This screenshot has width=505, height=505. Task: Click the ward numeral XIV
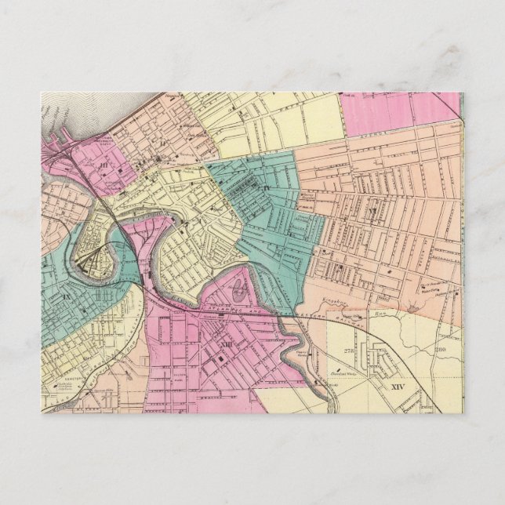tap(401, 387)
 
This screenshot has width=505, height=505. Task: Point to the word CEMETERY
tap(62, 375)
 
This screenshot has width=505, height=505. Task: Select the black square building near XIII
tap(221, 356)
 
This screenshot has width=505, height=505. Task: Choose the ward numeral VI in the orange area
tap(373, 211)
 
